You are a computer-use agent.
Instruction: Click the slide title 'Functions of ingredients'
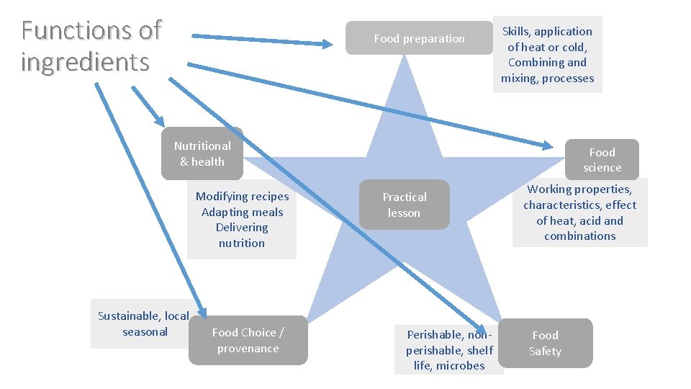[91, 46]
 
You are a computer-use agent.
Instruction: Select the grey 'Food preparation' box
[419, 39]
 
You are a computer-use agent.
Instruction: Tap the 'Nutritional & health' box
[202, 153]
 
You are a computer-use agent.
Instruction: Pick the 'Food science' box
[602, 160]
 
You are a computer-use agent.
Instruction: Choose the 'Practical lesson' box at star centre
[404, 205]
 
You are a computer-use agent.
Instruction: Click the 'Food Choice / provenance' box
[248, 340]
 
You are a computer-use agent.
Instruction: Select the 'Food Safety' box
[545, 343]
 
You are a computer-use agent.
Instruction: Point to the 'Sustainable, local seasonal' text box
[143, 323]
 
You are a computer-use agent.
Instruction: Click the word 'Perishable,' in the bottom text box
[435, 335]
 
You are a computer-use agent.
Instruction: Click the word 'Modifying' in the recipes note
[220, 197]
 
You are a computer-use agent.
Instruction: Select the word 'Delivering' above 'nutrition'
[242, 228]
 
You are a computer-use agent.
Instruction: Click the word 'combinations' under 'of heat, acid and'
[580, 236]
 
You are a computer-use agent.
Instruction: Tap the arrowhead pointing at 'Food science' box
[546, 146]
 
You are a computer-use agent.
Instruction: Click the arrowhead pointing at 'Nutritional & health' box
[160, 121]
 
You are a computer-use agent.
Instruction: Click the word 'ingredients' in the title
[85, 62]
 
